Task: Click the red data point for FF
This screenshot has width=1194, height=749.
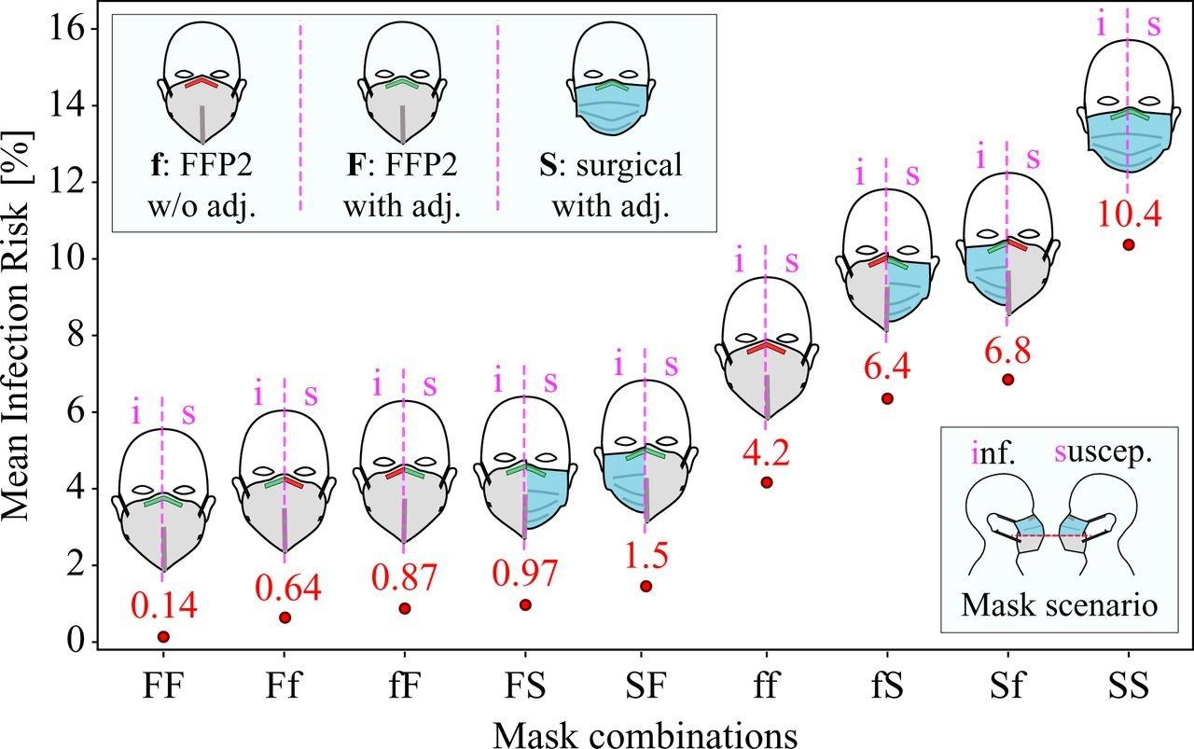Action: (x=163, y=636)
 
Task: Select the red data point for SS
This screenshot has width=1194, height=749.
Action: (x=1129, y=244)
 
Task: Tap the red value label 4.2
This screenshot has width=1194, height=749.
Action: (x=767, y=452)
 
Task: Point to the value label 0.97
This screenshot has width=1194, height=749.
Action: (x=525, y=574)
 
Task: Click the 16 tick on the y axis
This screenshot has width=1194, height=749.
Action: (x=68, y=28)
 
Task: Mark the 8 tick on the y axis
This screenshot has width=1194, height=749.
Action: (x=77, y=335)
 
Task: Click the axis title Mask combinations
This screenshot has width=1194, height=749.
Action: (x=645, y=735)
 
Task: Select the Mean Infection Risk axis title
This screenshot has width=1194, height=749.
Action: (x=16, y=326)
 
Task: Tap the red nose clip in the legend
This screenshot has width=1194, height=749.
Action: (x=202, y=82)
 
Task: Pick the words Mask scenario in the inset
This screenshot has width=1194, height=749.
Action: (x=1059, y=605)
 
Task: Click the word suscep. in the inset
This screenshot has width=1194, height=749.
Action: (x=1104, y=453)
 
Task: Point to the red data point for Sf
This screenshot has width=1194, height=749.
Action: (x=1007, y=380)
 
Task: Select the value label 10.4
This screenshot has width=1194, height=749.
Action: (x=1129, y=215)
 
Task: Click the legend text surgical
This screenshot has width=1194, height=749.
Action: (x=630, y=165)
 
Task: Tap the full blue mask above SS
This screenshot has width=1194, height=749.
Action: (x=1127, y=141)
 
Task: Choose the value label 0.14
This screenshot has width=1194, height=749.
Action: (x=164, y=605)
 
